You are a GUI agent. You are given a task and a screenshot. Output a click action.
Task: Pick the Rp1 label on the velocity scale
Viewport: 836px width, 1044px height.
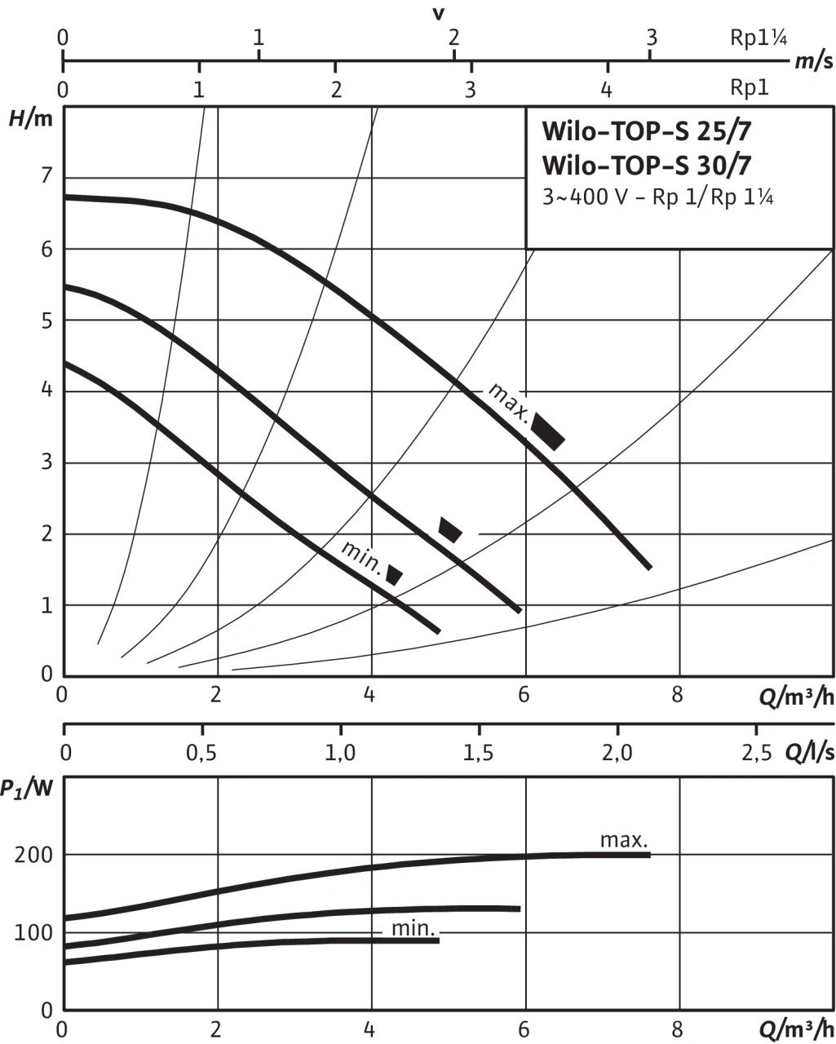pos(750,87)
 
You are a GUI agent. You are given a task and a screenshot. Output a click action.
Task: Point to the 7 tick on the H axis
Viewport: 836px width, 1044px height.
pos(46,176)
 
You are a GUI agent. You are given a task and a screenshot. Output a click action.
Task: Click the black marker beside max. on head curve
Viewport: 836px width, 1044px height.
pos(548,431)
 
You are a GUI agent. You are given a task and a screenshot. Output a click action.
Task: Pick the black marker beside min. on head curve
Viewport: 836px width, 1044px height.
pos(395,574)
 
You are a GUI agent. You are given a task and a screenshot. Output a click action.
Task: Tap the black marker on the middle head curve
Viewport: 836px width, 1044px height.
pos(449,529)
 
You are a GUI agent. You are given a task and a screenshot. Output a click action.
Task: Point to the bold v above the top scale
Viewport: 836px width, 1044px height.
pos(440,14)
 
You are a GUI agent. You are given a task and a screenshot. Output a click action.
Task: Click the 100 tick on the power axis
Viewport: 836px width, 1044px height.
pos(32,932)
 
